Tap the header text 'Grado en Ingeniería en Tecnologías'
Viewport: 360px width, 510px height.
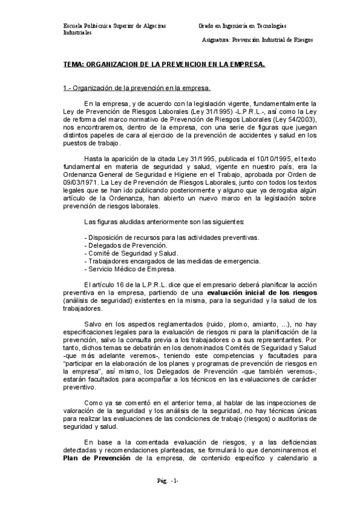(242, 26)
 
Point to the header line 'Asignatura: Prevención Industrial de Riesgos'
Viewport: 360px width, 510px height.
(258, 40)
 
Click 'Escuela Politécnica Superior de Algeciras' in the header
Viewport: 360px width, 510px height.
(115, 26)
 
